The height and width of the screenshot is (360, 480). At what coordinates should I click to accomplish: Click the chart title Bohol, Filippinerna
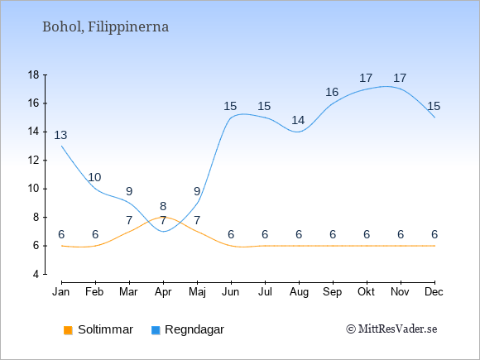pos(105,27)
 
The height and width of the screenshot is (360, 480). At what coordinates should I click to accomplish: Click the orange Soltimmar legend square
pos(68,330)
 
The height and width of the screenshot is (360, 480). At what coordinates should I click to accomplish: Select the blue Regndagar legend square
pos(156,330)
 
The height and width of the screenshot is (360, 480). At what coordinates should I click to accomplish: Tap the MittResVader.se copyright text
pos(391,329)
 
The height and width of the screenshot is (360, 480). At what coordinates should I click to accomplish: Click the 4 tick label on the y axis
pos(36,274)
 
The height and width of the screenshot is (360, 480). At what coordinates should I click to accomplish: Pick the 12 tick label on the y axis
pos(34,160)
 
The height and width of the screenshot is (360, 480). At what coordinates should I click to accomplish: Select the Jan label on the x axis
pos(61,292)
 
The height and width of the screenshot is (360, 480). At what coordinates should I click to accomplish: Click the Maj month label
pos(197,292)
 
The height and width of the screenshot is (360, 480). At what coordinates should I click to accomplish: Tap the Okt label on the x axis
pos(367,292)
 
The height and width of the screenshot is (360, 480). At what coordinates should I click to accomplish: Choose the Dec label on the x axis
pos(434,292)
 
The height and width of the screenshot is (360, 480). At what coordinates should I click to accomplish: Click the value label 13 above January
pos(60,135)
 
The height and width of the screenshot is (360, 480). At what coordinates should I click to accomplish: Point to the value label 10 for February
pos(94,177)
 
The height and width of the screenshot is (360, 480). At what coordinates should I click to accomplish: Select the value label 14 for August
pos(298,120)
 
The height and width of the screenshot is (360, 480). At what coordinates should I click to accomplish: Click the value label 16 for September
pos(332,92)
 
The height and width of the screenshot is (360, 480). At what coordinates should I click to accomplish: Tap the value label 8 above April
pos(163,206)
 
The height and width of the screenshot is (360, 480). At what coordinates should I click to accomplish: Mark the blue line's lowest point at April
pos(164,232)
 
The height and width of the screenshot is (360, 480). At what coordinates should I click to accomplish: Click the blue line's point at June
pos(231,118)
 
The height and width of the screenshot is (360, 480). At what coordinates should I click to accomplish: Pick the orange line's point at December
pos(434,246)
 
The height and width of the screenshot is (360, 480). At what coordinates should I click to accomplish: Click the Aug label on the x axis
pos(299,292)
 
